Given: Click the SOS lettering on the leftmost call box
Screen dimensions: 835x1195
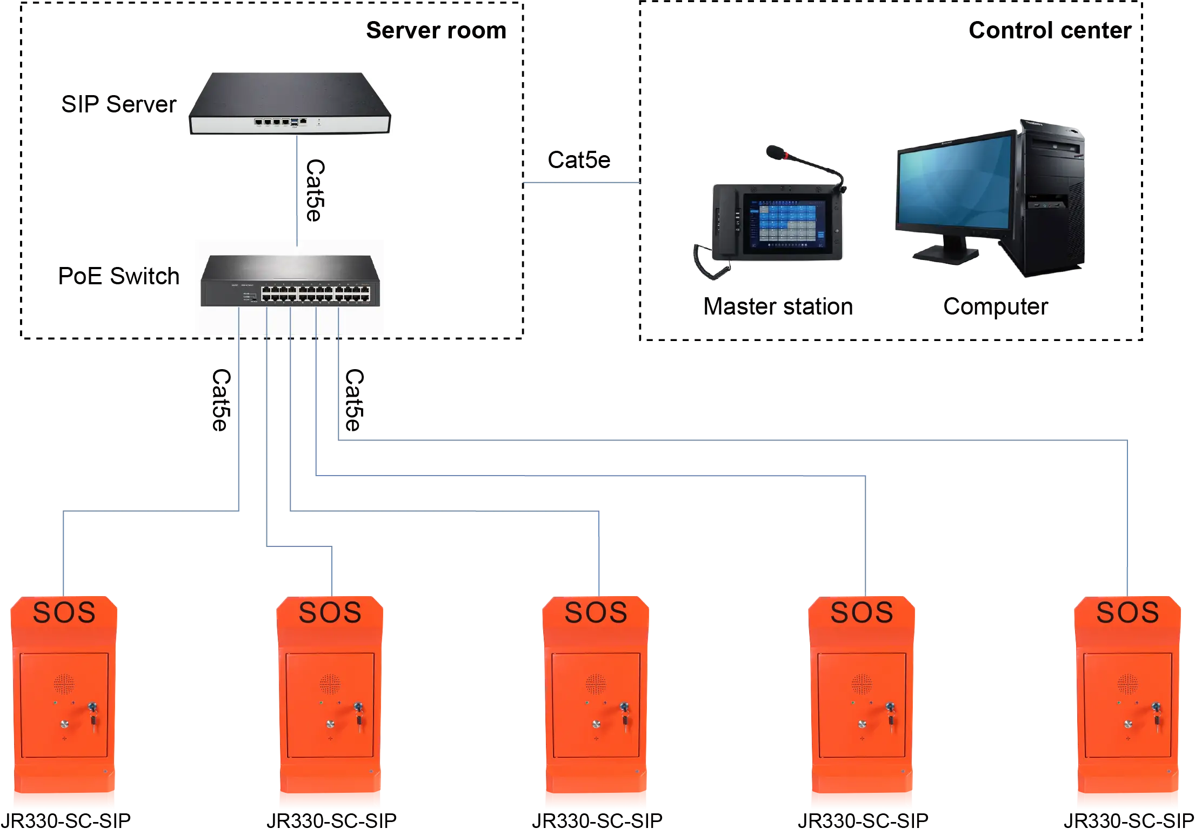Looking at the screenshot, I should (64, 613).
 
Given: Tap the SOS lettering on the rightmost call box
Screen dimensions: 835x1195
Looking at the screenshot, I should (1127, 613).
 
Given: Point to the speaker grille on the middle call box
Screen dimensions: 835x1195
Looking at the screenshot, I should (596, 684).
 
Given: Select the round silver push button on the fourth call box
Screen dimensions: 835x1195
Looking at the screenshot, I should (862, 724).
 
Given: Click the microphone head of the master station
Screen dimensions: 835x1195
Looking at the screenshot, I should (776, 151).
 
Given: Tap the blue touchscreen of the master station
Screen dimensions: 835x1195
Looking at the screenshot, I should (786, 222).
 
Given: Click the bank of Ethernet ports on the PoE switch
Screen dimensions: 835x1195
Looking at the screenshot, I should (316, 294).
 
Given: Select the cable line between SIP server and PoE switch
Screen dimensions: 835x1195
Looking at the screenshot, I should (296, 189).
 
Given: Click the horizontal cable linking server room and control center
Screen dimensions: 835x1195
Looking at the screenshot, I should (581, 184).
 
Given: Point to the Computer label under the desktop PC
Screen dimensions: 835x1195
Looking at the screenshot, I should (996, 306).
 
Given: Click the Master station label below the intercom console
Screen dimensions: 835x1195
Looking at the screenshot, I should (780, 306).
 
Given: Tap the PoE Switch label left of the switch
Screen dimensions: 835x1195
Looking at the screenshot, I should (119, 275).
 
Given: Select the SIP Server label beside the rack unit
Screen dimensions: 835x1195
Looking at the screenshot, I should (118, 104).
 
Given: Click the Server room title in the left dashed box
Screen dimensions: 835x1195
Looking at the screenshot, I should (435, 29).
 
